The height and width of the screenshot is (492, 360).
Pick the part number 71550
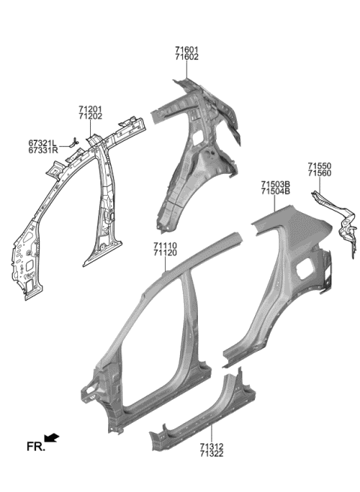tap(319, 166)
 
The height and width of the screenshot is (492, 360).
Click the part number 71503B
tap(277, 184)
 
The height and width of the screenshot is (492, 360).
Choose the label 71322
tap(212, 454)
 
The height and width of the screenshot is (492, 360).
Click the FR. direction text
tap(35, 447)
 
